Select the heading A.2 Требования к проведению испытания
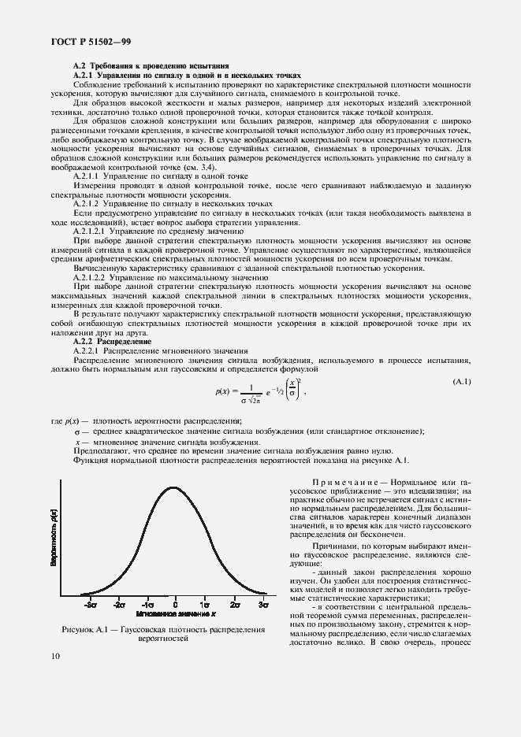[x=151, y=65]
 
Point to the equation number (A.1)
[x=461, y=382]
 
